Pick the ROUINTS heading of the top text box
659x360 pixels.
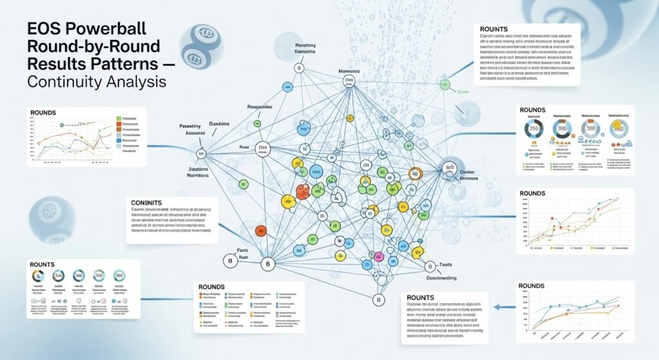click(x=499, y=29)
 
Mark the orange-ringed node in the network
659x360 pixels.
click(x=415, y=172)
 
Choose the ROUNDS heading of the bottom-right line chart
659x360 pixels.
click(x=532, y=285)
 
